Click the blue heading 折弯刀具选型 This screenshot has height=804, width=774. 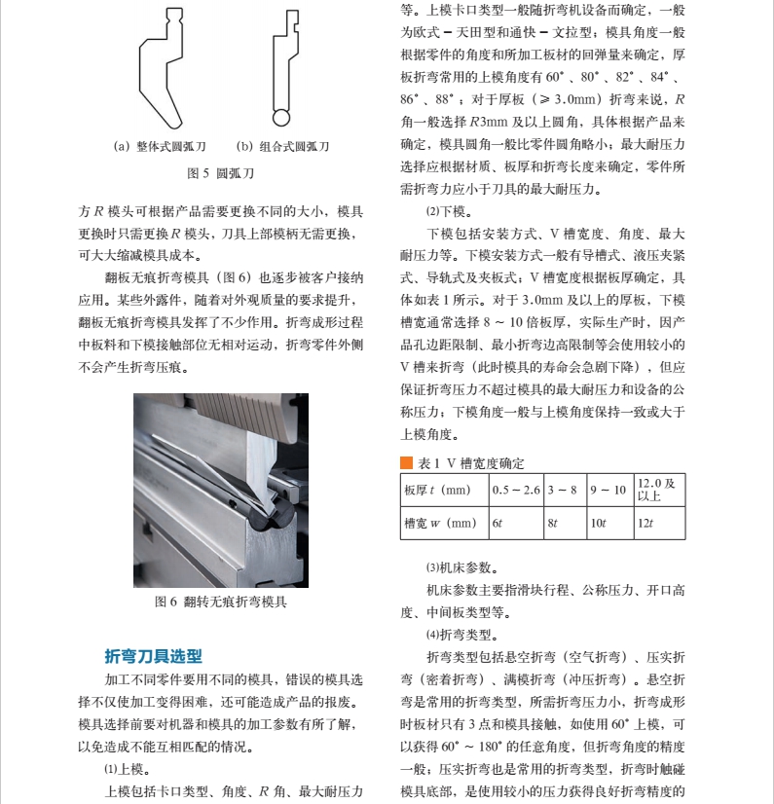153,656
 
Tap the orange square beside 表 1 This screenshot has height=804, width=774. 406,463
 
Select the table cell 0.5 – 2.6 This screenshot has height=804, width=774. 516,491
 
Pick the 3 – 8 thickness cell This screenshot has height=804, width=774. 566,491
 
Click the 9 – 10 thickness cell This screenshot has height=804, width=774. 610,491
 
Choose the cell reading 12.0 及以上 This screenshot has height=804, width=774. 660,491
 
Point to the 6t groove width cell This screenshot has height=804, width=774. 516,523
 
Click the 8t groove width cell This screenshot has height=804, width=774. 566,523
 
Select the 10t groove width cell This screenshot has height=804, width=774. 610,523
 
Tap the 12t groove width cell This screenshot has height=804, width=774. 660,523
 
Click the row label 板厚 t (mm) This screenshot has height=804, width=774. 437,491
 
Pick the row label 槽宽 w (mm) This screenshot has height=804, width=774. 440,523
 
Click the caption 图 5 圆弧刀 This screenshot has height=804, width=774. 221,173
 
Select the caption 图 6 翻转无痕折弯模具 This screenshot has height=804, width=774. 221,602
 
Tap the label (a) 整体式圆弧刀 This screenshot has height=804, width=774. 160,147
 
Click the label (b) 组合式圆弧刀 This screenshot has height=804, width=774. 282,147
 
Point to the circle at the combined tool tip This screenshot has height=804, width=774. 281,118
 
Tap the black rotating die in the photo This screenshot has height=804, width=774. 271,517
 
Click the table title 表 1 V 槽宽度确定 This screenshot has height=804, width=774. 471,463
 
